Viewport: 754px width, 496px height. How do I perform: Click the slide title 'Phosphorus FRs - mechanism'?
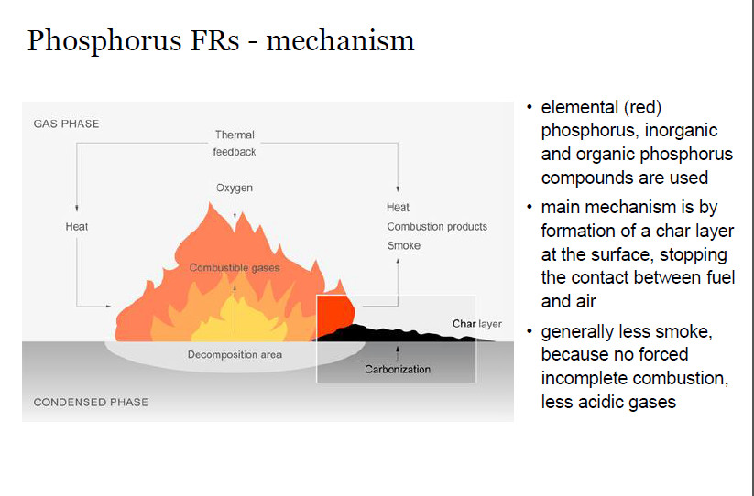click(x=221, y=40)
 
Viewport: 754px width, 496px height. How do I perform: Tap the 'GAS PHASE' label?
click(x=66, y=124)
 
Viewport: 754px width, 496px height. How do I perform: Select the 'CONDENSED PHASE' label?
click(x=91, y=402)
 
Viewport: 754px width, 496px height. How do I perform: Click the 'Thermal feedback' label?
click(x=235, y=143)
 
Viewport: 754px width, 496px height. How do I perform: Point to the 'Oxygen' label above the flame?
click(x=235, y=188)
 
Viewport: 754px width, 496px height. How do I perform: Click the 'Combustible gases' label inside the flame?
click(x=235, y=267)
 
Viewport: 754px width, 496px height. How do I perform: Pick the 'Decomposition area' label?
click(x=235, y=354)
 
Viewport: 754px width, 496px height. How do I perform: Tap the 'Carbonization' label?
click(x=398, y=370)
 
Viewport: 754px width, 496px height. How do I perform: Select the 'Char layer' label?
click(x=477, y=324)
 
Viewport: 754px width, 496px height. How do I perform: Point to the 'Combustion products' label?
click(x=436, y=226)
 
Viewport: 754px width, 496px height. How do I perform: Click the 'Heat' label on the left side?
click(x=77, y=226)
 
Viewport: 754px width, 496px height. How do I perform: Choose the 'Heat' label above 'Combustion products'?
click(x=398, y=208)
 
